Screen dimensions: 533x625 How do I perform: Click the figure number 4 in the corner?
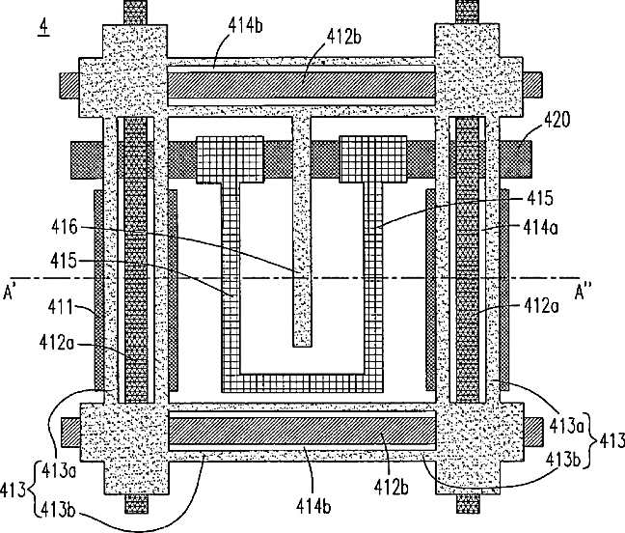pos(42,25)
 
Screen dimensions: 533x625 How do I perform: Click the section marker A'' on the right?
pos(585,290)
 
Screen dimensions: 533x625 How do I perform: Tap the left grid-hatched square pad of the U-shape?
pos(230,158)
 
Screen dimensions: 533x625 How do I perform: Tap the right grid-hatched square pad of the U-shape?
pos(372,158)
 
